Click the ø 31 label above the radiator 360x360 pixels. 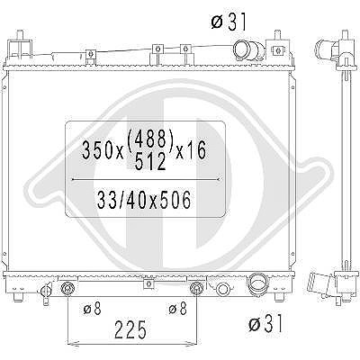[229, 22]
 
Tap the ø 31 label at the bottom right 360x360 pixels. [265, 323]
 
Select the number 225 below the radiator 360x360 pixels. [131, 329]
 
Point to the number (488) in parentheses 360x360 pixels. [150, 139]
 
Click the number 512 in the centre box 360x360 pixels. [150, 161]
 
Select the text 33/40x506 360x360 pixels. [144, 200]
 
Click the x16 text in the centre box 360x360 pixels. [191, 150]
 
